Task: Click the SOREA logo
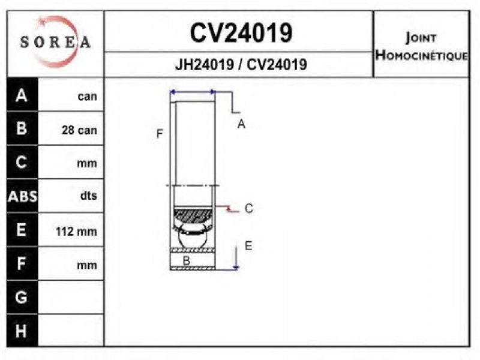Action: tap(55, 42)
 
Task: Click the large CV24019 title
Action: tap(241, 33)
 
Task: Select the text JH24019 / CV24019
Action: tap(241, 65)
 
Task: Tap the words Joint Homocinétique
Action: tap(422, 47)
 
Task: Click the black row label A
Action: tap(22, 95)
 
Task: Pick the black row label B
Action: tap(22, 128)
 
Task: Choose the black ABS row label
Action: tap(22, 196)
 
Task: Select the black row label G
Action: tap(21, 297)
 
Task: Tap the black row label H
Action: tap(21, 331)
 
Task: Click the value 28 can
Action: tap(79, 130)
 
